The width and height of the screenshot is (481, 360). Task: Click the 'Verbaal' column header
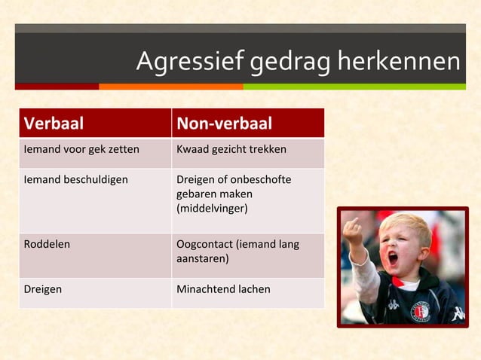click(x=54, y=124)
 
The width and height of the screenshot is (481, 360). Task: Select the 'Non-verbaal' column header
click(x=224, y=124)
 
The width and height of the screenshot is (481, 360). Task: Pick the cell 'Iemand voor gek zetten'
click(x=81, y=149)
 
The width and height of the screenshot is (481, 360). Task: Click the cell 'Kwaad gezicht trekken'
click(x=231, y=149)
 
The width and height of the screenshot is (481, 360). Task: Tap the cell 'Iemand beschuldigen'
click(x=76, y=179)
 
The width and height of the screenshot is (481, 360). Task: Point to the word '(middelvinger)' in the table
click(x=212, y=208)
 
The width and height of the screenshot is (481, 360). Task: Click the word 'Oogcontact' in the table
click(x=204, y=244)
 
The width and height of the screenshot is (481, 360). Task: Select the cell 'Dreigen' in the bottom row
click(x=44, y=288)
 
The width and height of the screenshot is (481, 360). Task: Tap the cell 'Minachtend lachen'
click(x=223, y=288)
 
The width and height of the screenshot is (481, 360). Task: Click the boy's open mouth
click(x=393, y=260)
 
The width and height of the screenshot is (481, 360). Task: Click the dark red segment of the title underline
click(x=57, y=87)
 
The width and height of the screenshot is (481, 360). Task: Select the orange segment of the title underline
click(x=170, y=87)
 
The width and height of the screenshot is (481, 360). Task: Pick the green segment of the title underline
click(x=354, y=87)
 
